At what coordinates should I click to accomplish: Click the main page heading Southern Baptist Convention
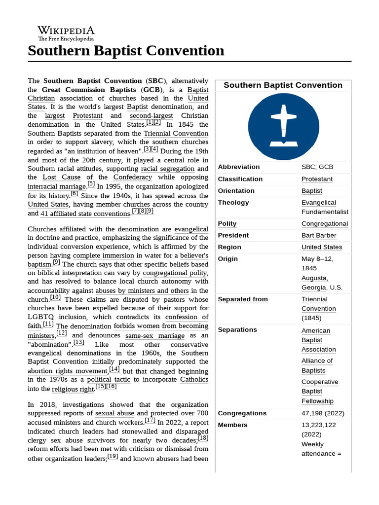click(126, 51)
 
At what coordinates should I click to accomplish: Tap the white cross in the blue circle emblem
click(283, 125)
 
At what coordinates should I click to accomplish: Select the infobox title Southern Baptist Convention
click(283, 85)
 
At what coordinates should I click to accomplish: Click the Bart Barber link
click(319, 235)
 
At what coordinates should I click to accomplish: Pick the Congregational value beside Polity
click(325, 223)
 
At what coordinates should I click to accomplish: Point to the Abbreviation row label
click(239, 167)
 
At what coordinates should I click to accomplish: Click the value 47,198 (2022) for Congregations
click(323, 413)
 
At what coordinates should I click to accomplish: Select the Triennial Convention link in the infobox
click(318, 304)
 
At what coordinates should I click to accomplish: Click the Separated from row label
click(243, 299)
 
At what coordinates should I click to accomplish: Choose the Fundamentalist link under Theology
click(325, 212)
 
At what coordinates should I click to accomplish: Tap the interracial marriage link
click(57, 187)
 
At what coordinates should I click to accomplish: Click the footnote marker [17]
click(150, 421)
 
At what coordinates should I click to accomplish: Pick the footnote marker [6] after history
click(75, 194)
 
